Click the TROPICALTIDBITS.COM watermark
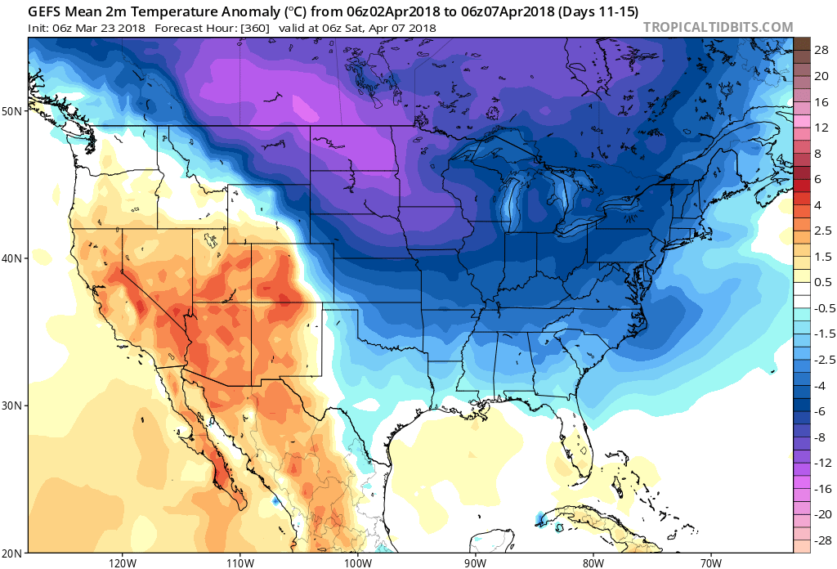click(718, 27)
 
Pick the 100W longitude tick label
click(357, 562)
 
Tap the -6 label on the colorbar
click(818, 411)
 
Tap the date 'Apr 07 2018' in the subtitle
click(401, 28)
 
